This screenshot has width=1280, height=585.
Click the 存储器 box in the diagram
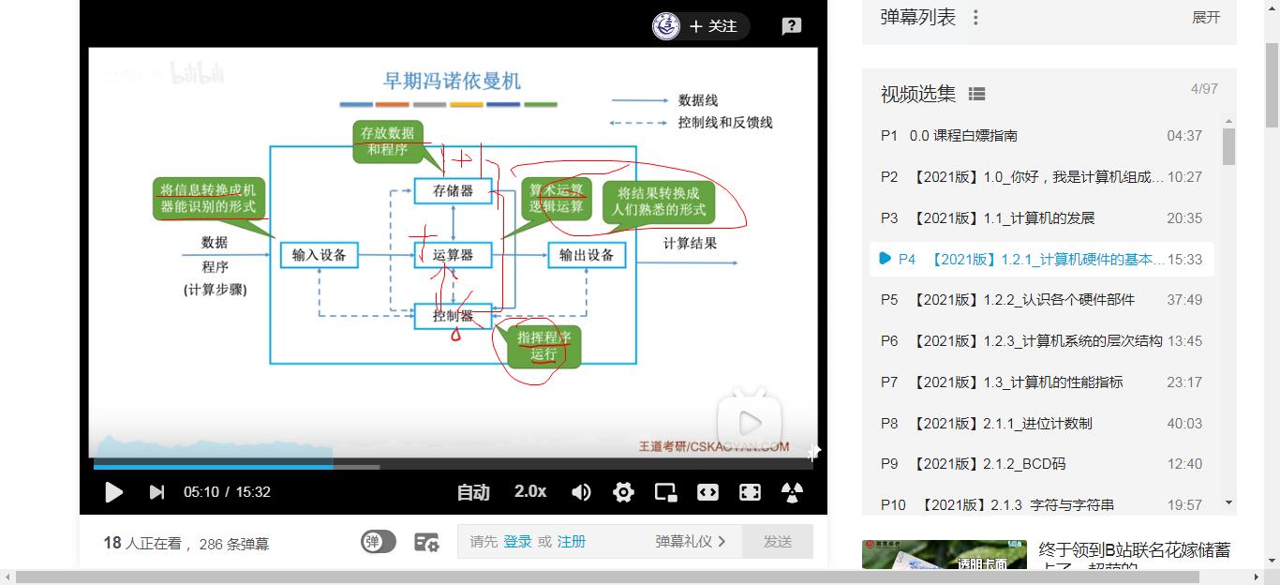point(453,191)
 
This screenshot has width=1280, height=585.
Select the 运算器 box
point(453,254)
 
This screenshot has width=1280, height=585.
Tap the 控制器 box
point(453,316)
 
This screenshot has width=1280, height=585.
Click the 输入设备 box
point(319,254)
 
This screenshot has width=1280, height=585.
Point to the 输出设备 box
point(587,254)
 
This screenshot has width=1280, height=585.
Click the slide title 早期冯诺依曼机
point(451,81)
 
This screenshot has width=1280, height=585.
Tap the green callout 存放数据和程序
point(388,142)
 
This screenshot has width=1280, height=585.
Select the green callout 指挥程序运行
point(543,346)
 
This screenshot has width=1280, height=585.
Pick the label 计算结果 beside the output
point(691,243)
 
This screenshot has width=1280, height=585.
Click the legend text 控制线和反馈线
point(725,122)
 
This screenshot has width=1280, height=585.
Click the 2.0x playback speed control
point(530,491)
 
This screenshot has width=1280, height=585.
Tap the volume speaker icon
point(581,492)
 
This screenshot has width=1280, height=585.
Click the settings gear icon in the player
point(623,492)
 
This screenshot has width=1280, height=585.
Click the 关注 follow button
point(713,26)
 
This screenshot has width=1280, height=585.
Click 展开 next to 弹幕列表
point(1206,18)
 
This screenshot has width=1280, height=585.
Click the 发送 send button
point(778,541)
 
